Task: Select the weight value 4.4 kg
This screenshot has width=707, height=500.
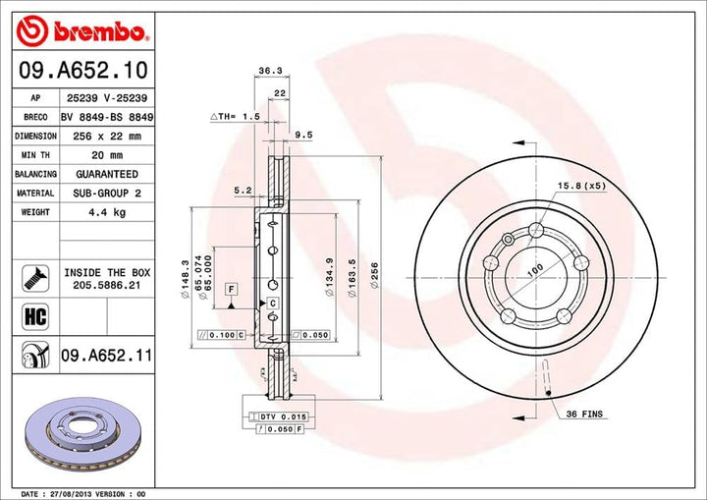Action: coord(105,211)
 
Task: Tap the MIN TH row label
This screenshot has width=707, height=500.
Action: coord(35,155)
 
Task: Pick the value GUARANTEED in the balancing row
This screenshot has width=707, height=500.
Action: coord(105,174)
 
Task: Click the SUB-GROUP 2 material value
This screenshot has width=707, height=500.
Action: coord(105,193)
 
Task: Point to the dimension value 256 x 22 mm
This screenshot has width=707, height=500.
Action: coord(105,136)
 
